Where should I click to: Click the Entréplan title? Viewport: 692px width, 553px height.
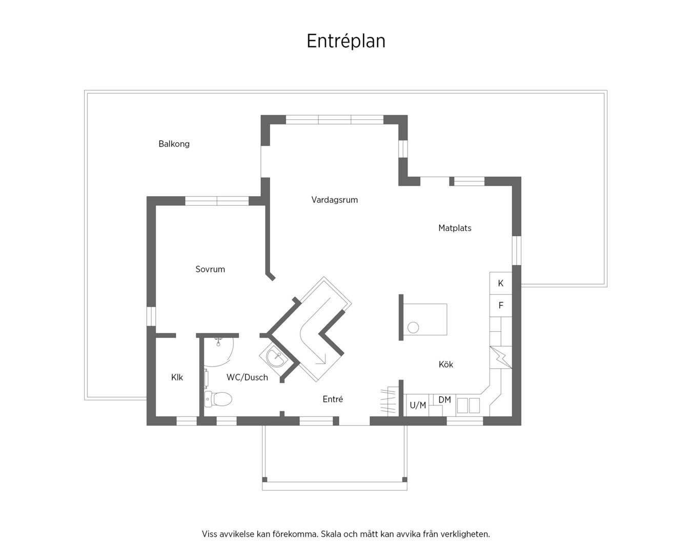(345, 41)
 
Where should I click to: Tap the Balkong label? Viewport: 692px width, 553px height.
(174, 144)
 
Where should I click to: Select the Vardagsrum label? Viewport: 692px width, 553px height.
(334, 200)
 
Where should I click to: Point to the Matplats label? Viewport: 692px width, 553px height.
(455, 228)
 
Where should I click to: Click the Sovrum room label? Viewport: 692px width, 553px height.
(210, 269)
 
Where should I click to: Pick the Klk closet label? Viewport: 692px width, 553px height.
(177, 377)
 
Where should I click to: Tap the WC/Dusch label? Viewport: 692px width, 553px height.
(247, 377)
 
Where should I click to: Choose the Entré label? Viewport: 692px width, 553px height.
(333, 399)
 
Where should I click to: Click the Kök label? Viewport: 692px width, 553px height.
(445, 365)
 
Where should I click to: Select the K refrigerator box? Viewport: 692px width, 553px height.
(501, 283)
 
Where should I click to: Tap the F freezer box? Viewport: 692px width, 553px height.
(501, 306)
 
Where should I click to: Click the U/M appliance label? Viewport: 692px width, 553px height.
(418, 406)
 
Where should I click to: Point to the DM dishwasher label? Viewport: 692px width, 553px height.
(445, 400)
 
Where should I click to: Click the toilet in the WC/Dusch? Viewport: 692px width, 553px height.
(218, 399)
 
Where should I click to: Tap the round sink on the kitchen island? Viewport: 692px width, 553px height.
(413, 328)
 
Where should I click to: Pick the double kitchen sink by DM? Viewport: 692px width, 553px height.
(469, 406)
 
